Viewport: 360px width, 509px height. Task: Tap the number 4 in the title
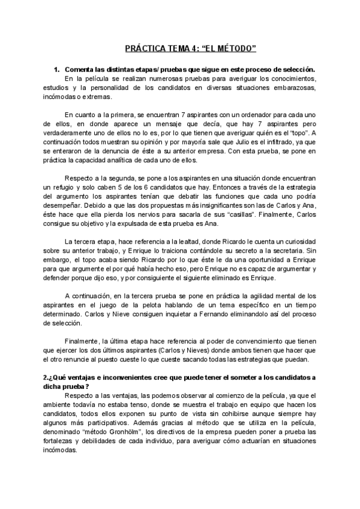click(x=190, y=47)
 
